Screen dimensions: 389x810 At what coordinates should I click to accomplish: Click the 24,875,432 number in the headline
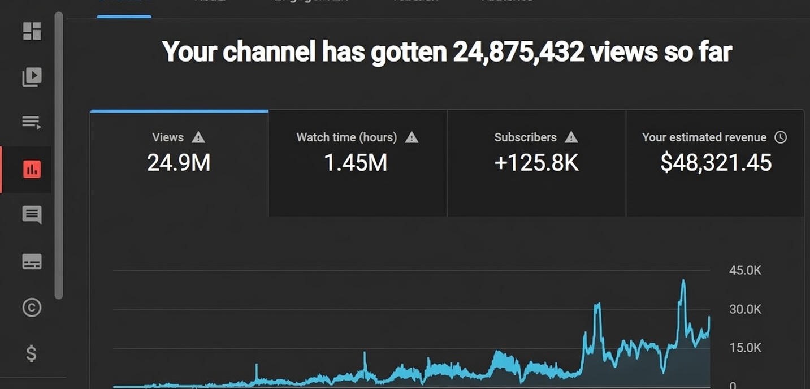[518, 53]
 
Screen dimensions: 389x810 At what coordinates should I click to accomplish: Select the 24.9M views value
[179, 163]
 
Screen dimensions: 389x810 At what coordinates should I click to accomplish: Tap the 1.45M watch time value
[356, 163]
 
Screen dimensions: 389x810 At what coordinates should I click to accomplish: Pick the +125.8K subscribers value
[536, 163]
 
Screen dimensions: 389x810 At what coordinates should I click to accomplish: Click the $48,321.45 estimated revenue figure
[716, 163]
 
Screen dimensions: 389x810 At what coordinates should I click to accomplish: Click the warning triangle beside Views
[198, 137]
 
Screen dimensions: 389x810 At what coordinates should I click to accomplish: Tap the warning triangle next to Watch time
[412, 137]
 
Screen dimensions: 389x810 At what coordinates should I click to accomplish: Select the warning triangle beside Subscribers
[571, 137]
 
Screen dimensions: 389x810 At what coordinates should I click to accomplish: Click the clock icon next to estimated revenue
[781, 137]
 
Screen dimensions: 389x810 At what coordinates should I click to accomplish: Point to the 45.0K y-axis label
[745, 270]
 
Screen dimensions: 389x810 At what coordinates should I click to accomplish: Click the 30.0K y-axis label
[745, 309]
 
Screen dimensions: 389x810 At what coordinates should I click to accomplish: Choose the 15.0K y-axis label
[745, 348]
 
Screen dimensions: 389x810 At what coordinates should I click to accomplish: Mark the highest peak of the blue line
[683, 281]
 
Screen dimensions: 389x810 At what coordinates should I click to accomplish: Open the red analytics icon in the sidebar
[32, 169]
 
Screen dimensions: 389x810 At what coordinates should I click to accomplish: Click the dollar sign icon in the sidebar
[32, 353]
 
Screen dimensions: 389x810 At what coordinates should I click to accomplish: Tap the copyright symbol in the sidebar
[32, 307]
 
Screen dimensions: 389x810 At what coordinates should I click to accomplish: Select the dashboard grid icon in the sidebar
[32, 31]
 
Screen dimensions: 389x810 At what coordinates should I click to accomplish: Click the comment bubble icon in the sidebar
[32, 215]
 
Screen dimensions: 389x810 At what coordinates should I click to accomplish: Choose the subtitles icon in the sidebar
[32, 261]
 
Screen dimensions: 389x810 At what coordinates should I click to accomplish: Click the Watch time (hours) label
[346, 137]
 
